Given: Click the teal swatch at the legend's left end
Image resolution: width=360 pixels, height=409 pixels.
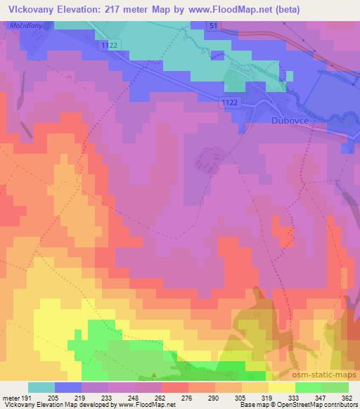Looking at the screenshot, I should [x=41, y=387].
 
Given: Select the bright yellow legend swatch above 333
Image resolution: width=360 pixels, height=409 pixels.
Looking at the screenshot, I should [x=282, y=387].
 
